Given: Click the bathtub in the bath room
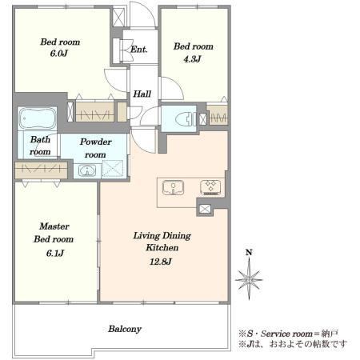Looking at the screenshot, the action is click(38, 118).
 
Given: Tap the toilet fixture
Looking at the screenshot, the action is click(184, 119).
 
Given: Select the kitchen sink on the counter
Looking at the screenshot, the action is click(173, 187).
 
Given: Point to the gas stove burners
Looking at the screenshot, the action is click(210, 187).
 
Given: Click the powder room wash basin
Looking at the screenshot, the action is click(87, 171).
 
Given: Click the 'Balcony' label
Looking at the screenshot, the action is click(125, 329).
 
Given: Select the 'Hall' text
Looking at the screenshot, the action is click(142, 94).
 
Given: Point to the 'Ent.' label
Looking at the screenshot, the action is click(139, 50).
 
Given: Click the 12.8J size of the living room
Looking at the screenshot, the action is click(161, 262).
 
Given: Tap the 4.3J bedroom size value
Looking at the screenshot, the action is click(192, 59).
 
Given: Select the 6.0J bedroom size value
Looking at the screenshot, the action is click(59, 54).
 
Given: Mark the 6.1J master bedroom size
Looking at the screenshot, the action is click(55, 253).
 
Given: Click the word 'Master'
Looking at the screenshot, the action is click(54, 226).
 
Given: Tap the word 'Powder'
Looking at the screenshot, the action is click(95, 142).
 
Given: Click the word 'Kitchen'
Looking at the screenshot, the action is click(162, 247).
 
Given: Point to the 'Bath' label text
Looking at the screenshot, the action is click(40, 139).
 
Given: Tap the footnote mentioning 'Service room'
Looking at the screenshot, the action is click(289, 334).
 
